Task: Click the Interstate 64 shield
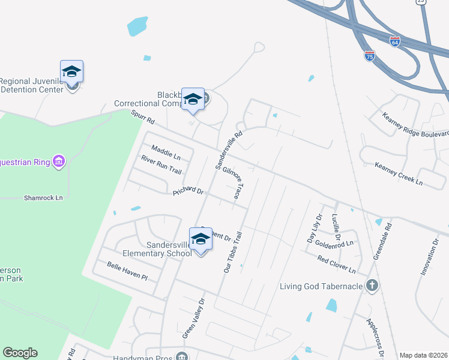click(395, 41)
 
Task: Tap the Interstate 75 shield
click(370, 56)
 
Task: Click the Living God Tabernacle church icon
click(372, 286)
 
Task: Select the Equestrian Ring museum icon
click(58, 161)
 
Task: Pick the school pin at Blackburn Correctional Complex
click(193, 100)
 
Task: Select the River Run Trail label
click(161, 164)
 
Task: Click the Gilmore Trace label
click(234, 184)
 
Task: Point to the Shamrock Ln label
click(43, 197)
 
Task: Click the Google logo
click(20, 353)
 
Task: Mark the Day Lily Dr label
click(315, 228)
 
